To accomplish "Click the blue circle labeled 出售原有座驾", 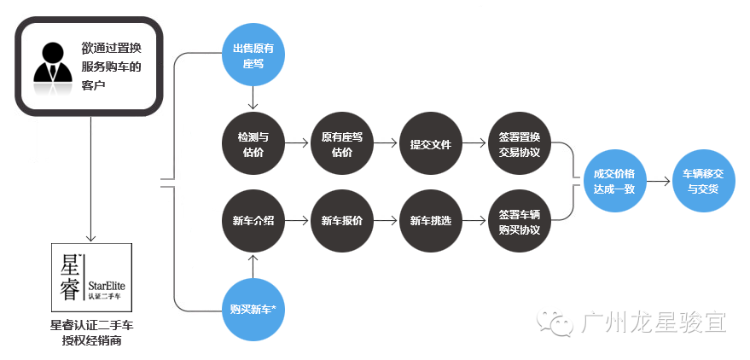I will tap(253, 55).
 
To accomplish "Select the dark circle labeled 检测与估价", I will tap(253, 144).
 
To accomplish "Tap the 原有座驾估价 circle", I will tap(342, 144).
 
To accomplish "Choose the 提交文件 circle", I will tap(431, 144).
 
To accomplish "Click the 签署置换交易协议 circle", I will tap(520, 144).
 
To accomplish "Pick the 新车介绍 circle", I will tap(253, 220).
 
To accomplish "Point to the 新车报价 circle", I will tap(342, 220).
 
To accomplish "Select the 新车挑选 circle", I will tap(431, 220).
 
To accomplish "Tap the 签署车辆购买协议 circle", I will tap(520, 220).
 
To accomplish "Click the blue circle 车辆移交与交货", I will tap(702, 181).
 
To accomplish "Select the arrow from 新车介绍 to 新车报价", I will tap(297, 220).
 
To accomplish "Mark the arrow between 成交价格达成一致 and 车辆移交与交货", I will tap(657, 181).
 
